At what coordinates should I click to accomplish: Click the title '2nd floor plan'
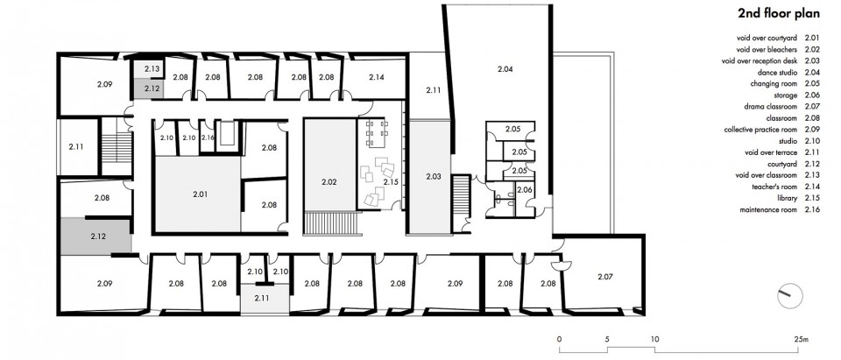coord(778,14)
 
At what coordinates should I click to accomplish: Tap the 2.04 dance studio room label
coord(505,68)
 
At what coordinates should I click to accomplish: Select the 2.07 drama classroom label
coord(604,277)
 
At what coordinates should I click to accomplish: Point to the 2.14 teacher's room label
coord(377,77)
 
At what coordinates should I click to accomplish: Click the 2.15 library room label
coord(391,182)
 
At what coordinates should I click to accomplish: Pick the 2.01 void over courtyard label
coord(200,194)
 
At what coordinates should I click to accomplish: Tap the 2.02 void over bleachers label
coord(329,182)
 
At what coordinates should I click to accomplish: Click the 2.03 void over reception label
coord(434,176)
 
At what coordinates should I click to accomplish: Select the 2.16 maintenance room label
coord(208,138)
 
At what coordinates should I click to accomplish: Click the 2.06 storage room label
coord(525,189)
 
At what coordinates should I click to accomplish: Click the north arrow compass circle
coord(790,295)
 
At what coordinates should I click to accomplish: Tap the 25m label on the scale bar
coord(800,339)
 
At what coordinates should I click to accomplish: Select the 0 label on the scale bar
coord(560,339)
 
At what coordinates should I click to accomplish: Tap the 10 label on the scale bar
coord(655,339)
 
